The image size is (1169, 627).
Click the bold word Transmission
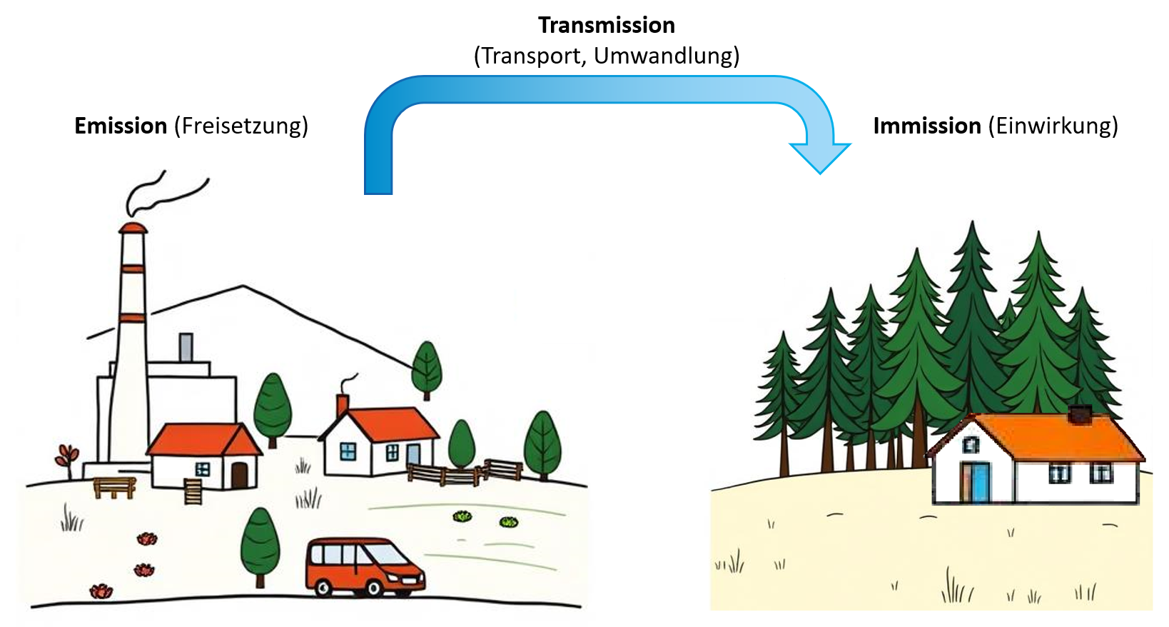pyautogui.click(x=606, y=26)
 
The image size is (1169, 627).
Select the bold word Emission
pyautogui.click(x=120, y=126)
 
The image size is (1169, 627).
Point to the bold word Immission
pyautogui.click(x=926, y=126)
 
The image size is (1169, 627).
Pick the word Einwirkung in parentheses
pyautogui.click(x=1053, y=126)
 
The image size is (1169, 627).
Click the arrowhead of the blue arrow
pyautogui.click(x=820, y=157)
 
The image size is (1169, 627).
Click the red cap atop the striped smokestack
pyautogui.click(x=133, y=228)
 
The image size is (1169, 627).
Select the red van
pyautogui.click(x=364, y=566)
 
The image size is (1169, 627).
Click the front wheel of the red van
pyautogui.click(x=373, y=588)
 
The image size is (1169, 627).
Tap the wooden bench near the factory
pyautogui.click(x=114, y=487)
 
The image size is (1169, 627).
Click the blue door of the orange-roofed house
pyautogui.click(x=981, y=483)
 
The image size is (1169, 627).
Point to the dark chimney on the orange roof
pyautogui.click(x=1080, y=415)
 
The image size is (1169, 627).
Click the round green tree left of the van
pyautogui.click(x=260, y=543)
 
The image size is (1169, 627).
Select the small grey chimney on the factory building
pyautogui.click(x=186, y=347)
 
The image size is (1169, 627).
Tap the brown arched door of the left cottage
pyautogui.click(x=239, y=475)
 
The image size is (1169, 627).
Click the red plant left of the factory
pyautogui.click(x=67, y=456)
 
